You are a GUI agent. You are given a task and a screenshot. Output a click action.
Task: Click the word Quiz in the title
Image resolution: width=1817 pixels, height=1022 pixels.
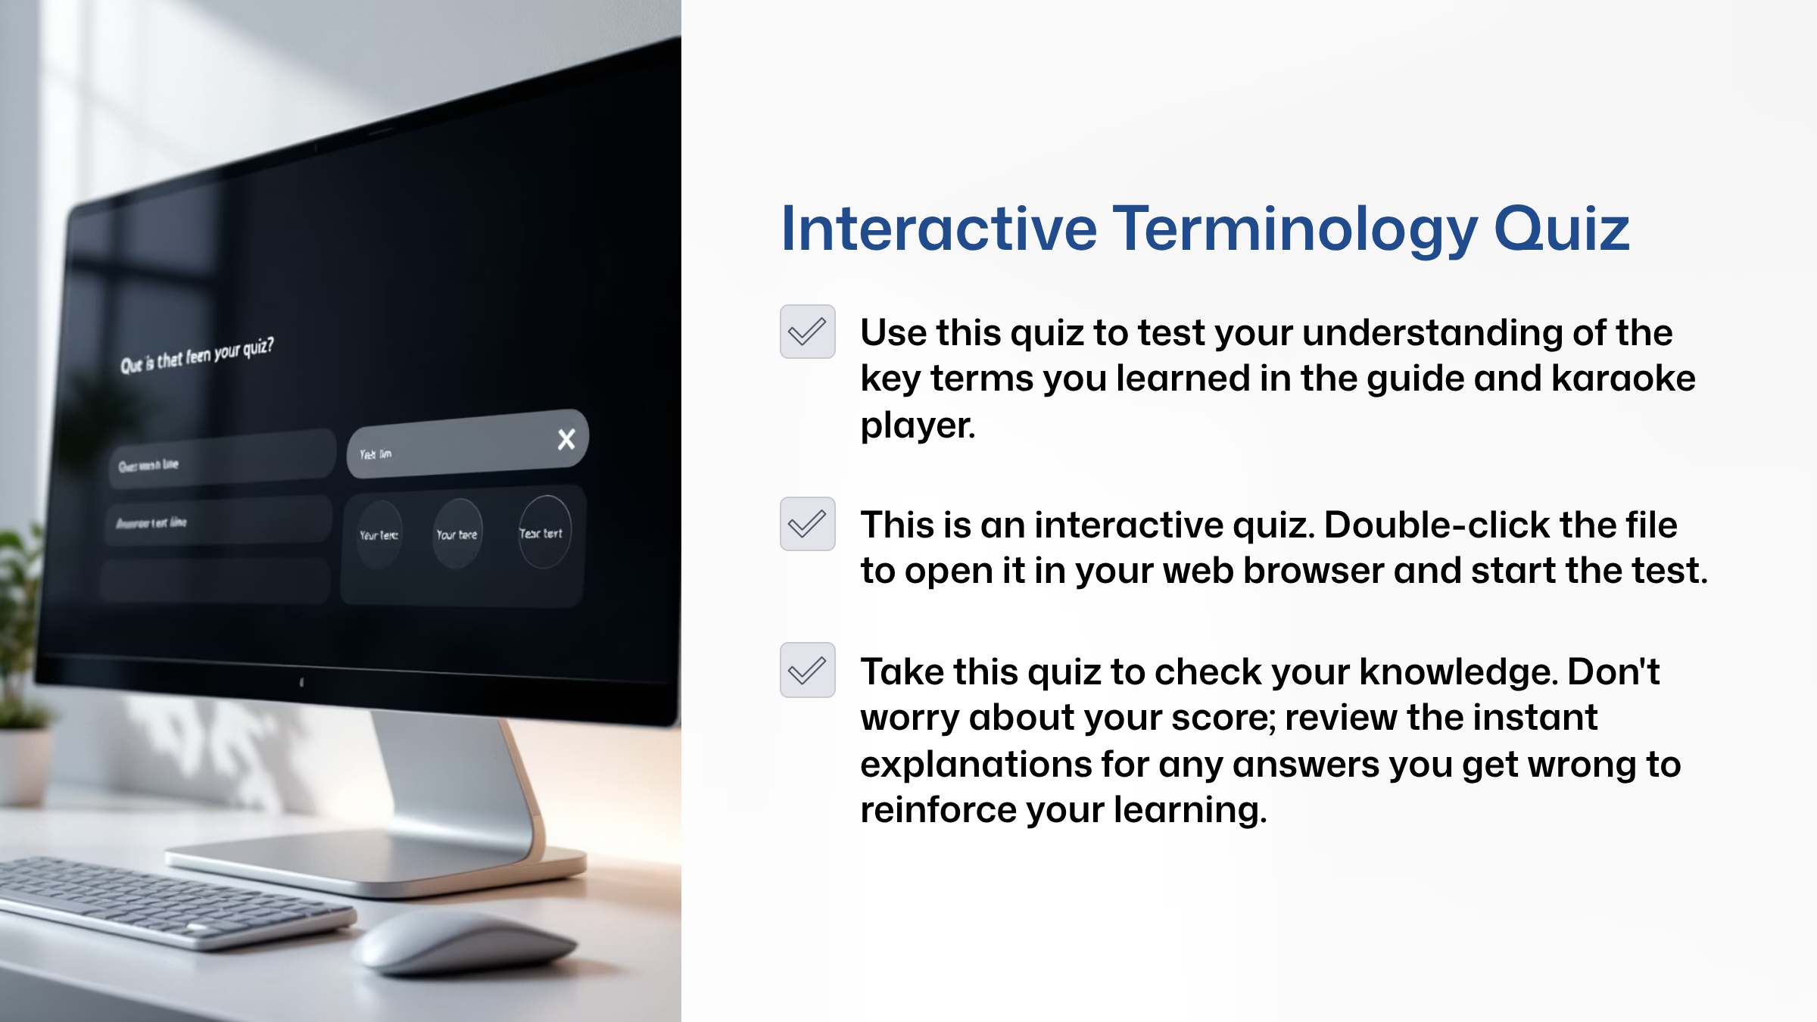click(x=1561, y=229)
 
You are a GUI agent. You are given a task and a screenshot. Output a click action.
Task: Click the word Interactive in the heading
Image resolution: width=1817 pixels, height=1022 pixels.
click(x=939, y=229)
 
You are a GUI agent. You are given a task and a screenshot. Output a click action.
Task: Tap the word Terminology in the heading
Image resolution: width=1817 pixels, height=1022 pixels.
click(x=1295, y=229)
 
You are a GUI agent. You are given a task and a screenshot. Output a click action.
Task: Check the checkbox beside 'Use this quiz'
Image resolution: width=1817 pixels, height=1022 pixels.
click(x=807, y=332)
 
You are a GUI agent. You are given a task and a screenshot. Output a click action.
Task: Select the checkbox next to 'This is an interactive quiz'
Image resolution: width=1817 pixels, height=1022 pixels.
click(x=807, y=524)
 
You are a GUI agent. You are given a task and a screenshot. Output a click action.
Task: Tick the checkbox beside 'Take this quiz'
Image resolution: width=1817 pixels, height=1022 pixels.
click(x=807, y=670)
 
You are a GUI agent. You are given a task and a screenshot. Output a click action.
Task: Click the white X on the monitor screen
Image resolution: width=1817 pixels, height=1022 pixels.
click(x=566, y=439)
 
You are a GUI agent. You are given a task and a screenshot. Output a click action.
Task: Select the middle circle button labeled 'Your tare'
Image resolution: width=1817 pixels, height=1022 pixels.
click(x=457, y=534)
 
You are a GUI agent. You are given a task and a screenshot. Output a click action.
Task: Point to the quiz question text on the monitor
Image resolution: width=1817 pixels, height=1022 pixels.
click(x=197, y=355)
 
